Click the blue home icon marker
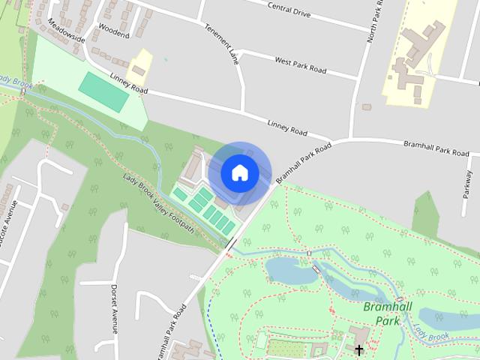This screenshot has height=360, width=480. click(240, 172)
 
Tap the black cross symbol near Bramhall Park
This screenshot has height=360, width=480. click(358, 349)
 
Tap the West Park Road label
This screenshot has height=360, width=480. click(300, 64)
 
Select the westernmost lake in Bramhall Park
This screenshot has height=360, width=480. click(292, 270)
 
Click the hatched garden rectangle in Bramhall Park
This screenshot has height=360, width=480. click(288, 348)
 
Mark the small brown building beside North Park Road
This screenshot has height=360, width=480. click(367, 107)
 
